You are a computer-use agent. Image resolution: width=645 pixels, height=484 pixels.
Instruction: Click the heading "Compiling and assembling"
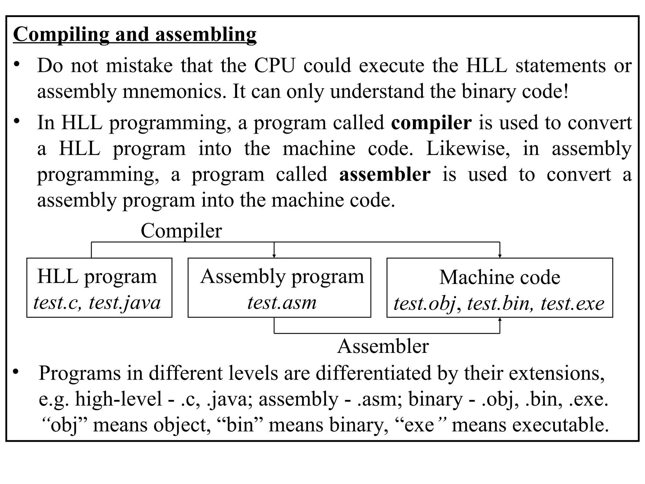(x=135, y=34)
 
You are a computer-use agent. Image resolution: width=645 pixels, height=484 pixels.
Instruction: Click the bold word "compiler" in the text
(x=431, y=123)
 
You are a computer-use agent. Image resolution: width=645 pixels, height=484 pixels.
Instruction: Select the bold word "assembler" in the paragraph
(x=385, y=175)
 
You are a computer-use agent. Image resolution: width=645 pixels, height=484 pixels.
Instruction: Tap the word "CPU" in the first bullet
(x=275, y=66)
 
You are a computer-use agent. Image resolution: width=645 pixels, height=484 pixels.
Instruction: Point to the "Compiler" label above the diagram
(x=181, y=231)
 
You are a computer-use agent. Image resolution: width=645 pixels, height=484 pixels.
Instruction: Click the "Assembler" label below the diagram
(x=383, y=347)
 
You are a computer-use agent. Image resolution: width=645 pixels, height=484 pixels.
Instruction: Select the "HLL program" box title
(x=97, y=277)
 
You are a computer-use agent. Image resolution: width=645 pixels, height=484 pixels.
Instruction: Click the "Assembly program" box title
(x=282, y=277)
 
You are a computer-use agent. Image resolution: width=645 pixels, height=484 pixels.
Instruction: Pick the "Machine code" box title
(x=499, y=277)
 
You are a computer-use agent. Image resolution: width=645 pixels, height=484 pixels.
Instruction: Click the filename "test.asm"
(x=282, y=303)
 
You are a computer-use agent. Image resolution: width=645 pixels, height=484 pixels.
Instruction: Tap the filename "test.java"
(x=125, y=303)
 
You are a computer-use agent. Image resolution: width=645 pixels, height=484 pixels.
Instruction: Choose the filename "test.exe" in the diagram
(x=572, y=304)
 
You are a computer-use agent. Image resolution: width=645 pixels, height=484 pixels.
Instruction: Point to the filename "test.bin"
(x=498, y=304)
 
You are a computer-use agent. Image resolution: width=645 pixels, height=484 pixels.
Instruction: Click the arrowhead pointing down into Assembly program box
(x=274, y=256)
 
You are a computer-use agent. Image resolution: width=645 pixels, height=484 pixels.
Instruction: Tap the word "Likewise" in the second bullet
(x=468, y=149)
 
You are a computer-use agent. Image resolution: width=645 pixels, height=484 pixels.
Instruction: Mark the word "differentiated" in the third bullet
(x=373, y=373)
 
